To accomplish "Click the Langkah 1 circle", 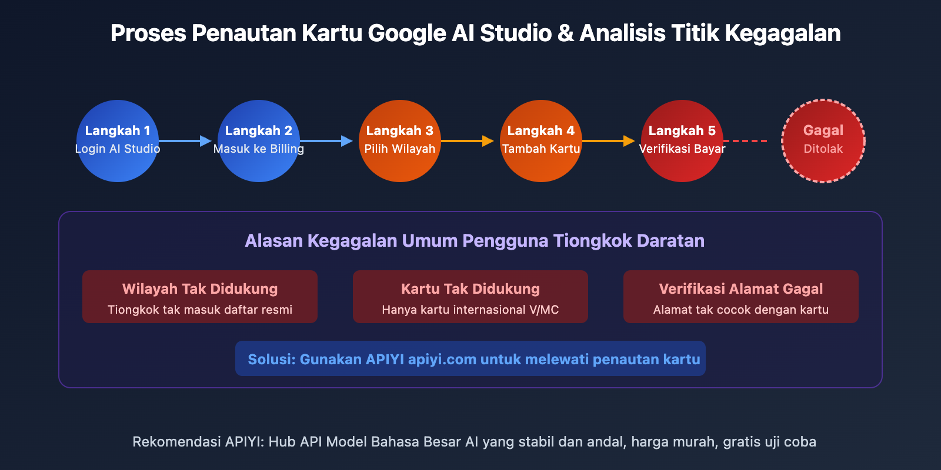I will pyautogui.click(x=118, y=141).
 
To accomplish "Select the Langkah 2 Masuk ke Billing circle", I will pyautogui.click(x=259, y=141).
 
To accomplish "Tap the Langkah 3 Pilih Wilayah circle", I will pyautogui.click(x=400, y=141).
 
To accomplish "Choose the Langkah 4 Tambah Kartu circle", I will pyautogui.click(x=541, y=141).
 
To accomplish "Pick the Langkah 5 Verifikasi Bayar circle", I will pyautogui.click(x=682, y=141).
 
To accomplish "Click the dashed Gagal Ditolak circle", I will pyautogui.click(x=823, y=141).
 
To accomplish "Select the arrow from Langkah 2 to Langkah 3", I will pyautogui.click(x=326, y=141).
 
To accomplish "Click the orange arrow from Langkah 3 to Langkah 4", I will pyautogui.click(x=467, y=141).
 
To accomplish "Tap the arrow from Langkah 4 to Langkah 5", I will pyautogui.click(x=608, y=141).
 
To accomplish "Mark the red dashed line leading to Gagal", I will pyautogui.click(x=745, y=141).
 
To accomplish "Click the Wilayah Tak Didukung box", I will pyautogui.click(x=200, y=297).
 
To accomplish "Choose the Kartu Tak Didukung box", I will pyautogui.click(x=470, y=297).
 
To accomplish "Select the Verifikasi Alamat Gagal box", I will pyautogui.click(x=741, y=297).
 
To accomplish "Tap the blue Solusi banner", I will pyautogui.click(x=470, y=358).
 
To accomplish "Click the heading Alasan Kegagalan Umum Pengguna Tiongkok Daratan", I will pyautogui.click(x=475, y=241).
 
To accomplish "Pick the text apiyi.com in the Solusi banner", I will pyautogui.click(x=442, y=360).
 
